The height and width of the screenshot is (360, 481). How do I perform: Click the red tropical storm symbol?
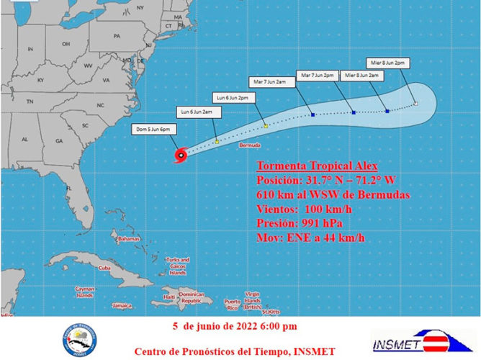coord(181,154)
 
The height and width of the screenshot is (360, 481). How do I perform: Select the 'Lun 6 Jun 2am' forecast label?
coord(196,112)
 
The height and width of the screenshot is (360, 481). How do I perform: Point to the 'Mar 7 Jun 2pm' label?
coord(318,75)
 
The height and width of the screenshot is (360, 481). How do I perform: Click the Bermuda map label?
coord(249,145)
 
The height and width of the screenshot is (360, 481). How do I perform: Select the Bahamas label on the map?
coord(128,238)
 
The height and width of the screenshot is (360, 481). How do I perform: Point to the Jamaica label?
coord(122,305)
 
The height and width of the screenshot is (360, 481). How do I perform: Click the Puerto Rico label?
coord(232,302)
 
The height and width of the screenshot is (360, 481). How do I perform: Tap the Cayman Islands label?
coord(86,292)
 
